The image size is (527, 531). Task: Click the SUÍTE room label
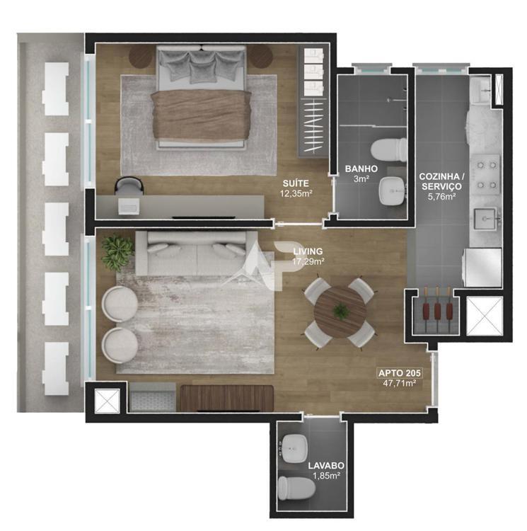coord(296,183)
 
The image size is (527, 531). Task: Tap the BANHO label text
coord(361,169)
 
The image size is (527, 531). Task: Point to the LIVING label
coord(308,251)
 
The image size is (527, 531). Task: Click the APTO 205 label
coord(400,373)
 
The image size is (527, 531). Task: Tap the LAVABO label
coord(326,466)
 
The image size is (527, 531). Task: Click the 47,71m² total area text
coord(399,383)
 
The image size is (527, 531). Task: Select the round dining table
coord(340,312)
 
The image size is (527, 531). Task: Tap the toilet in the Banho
coord(388,149)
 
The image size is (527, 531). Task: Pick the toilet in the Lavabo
coord(296,488)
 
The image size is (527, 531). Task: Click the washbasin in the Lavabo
coord(294,449)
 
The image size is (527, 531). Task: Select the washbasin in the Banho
coord(393,191)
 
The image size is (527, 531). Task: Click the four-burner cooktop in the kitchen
coord(487,175)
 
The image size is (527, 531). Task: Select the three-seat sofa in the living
coord(196,253)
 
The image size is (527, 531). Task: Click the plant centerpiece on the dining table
coord(340,312)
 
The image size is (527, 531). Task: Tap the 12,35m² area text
coord(296,194)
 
